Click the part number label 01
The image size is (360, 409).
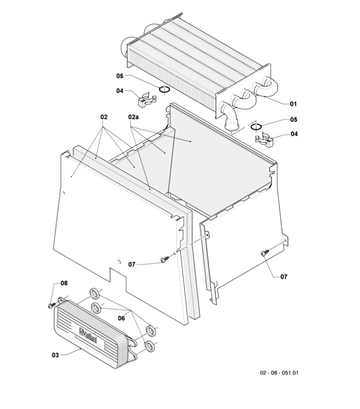(x=293, y=103)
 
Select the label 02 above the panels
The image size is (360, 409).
(x=104, y=117)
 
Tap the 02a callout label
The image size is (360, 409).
(x=133, y=117)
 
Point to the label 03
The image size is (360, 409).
(x=55, y=354)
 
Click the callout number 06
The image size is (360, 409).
(x=121, y=318)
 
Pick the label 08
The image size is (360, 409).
(x=64, y=283)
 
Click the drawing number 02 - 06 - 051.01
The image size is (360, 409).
(x=279, y=372)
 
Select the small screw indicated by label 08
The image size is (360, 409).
(x=51, y=305)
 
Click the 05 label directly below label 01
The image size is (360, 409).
(x=293, y=119)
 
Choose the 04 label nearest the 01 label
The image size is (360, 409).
(x=293, y=134)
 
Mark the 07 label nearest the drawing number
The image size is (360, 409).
(x=283, y=276)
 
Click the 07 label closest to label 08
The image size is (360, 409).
(x=131, y=264)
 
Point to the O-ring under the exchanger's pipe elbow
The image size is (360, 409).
(x=256, y=126)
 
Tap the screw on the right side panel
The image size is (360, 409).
(x=264, y=253)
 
